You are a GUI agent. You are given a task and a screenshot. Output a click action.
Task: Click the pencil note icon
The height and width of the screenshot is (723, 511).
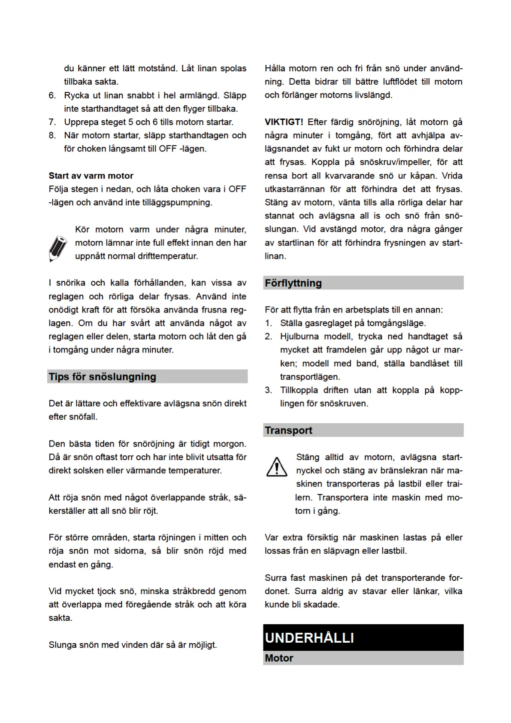tap(58, 248)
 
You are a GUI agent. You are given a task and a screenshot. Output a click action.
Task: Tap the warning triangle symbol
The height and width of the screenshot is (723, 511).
tap(277, 467)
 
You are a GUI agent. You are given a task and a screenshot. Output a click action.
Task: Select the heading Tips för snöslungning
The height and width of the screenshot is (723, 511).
tap(103, 377)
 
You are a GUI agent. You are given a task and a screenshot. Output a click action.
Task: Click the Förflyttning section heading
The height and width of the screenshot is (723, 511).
tap(293, 283)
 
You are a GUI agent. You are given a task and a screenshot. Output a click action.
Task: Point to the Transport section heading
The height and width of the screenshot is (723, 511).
tap(288, 430)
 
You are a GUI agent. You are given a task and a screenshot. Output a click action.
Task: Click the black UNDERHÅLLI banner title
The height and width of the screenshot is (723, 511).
tap(309, 638)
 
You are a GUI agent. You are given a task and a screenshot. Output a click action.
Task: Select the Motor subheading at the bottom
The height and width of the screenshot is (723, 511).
tap(279, 658)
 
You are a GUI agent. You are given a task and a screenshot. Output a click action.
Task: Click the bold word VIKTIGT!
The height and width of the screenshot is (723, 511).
tap(284, 122)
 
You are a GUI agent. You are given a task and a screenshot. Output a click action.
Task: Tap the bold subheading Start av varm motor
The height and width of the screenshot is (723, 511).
tap(91, 176)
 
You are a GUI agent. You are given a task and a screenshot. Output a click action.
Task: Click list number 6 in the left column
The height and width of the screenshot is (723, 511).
tap(52, 95)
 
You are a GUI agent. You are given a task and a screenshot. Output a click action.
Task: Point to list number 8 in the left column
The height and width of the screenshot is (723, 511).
tap(52, 135)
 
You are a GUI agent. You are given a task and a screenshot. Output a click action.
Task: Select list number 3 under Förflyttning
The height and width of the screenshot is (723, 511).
tap(268, 390)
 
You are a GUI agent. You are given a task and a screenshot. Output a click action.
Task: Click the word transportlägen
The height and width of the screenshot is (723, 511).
tap(310, 377)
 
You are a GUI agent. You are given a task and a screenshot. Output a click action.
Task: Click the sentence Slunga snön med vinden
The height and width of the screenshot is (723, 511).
tap(133, 644)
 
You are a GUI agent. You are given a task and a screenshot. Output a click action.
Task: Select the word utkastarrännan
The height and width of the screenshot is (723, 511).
tap(294, 189)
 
